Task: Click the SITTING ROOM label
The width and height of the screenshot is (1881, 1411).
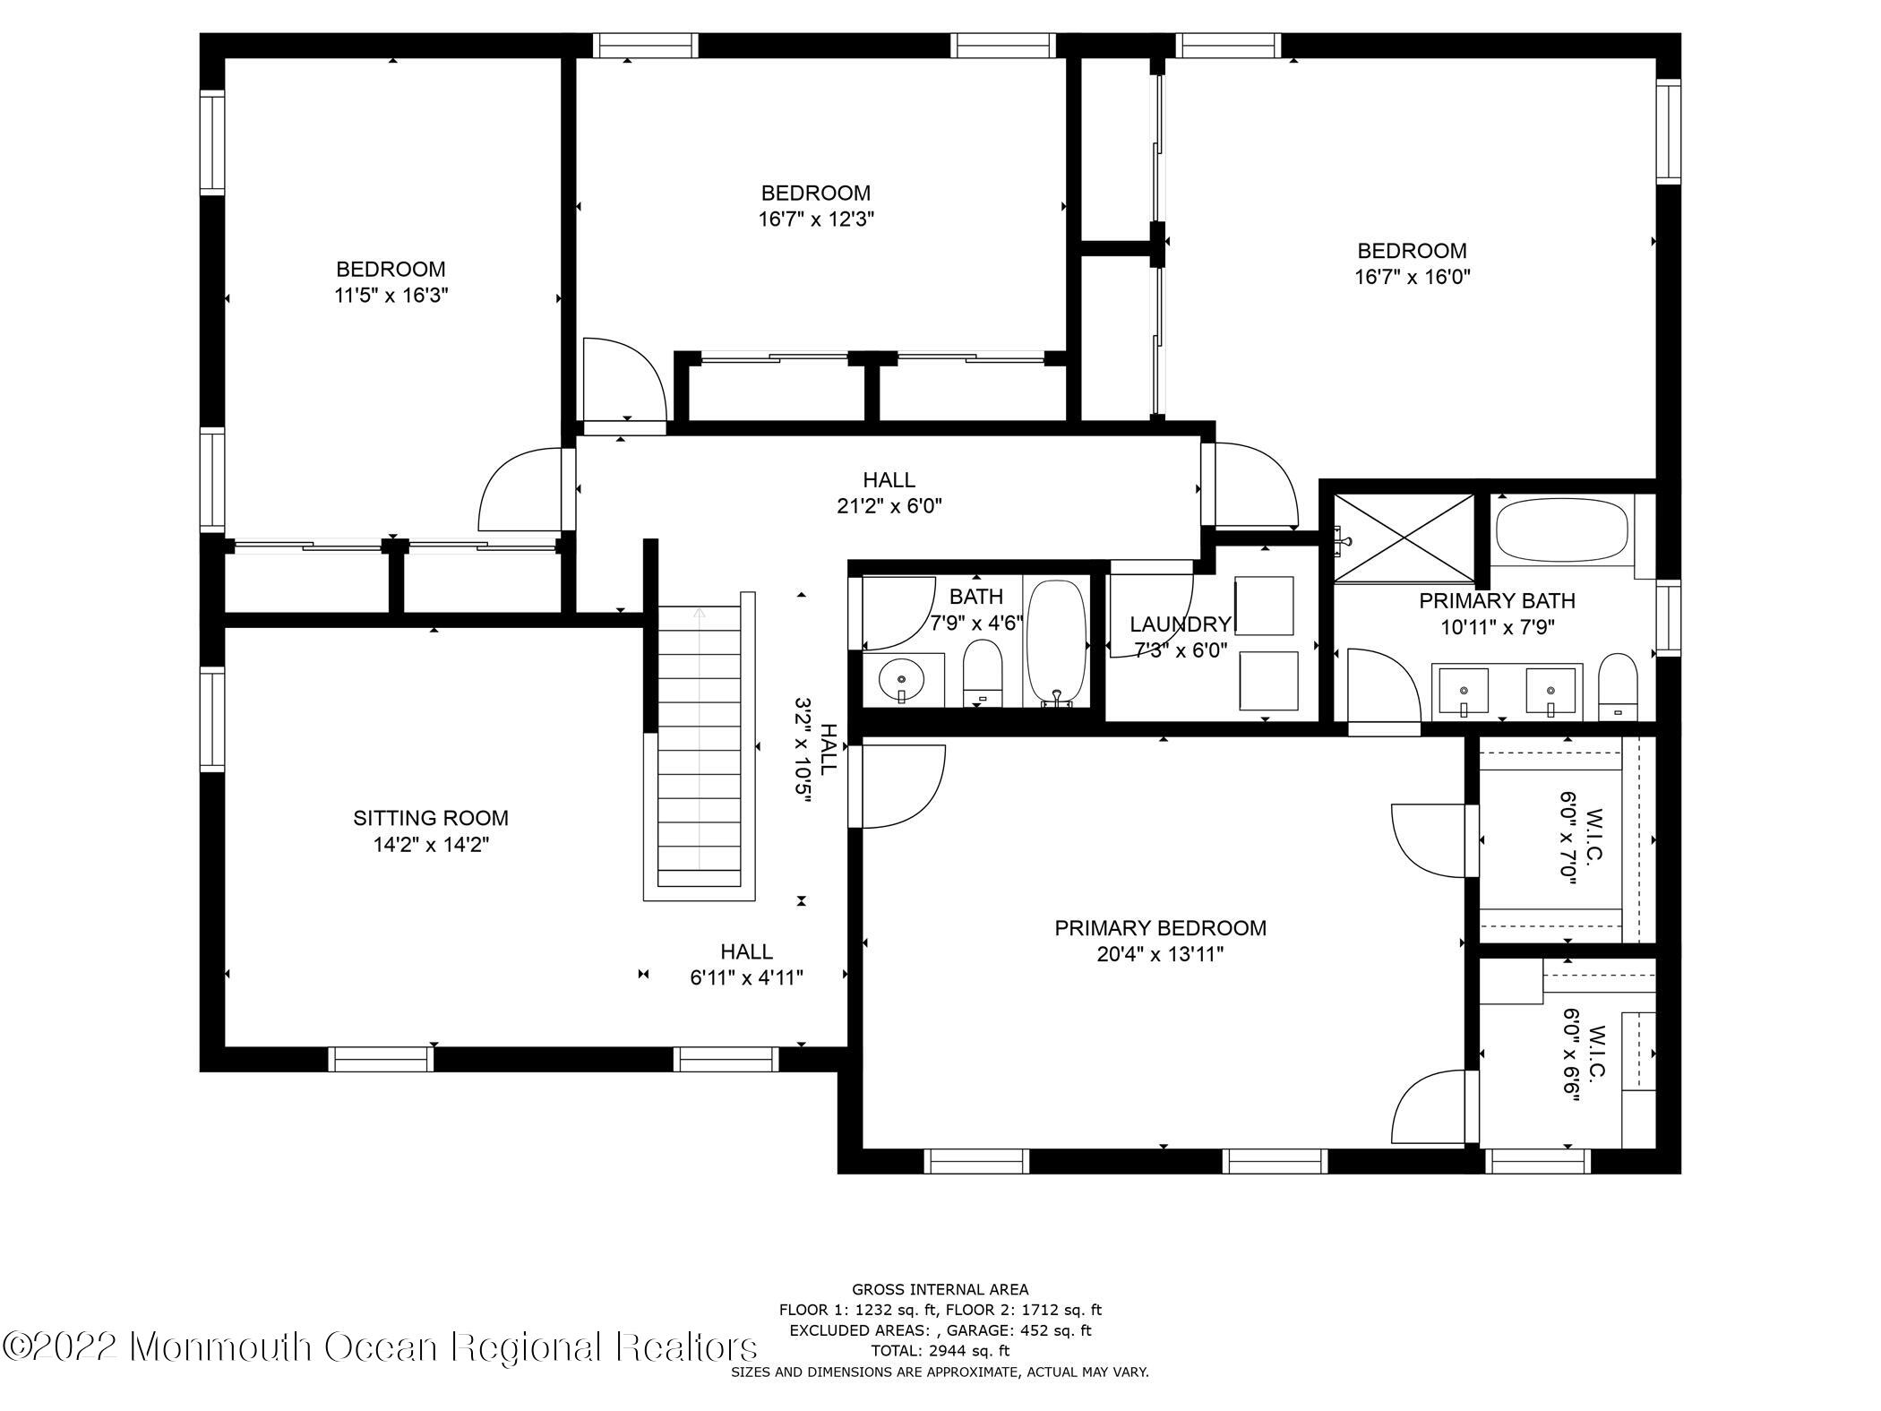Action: [431, 818]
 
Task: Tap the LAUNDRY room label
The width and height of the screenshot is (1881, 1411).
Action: [1180, 624]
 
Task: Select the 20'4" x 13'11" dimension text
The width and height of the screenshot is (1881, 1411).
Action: [1160, 955]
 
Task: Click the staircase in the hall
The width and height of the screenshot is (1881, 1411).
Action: [700, 744]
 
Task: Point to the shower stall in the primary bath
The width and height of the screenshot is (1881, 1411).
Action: [1403, 535]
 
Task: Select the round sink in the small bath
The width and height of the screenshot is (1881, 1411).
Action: [902, 678]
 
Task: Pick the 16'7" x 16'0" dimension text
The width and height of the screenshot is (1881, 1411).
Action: [1412, 277]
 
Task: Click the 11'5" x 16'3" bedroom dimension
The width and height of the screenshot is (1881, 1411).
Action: [391, 296]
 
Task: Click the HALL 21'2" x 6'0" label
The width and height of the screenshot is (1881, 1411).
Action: [889, 493]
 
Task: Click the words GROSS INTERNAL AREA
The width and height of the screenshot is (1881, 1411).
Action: [940, 1290]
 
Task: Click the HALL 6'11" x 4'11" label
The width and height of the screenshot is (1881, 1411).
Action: [746, 964]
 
